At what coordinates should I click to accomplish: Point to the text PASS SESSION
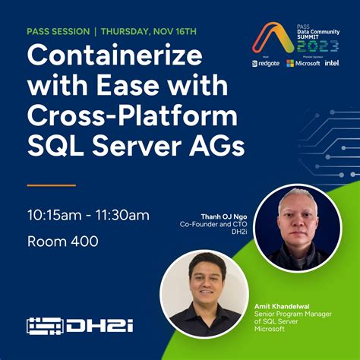[x=58, y=32]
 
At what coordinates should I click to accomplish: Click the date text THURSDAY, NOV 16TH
[x=149, y=32]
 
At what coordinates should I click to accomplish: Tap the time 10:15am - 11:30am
[x=89, y=215]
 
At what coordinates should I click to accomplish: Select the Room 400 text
[x=63, y=243]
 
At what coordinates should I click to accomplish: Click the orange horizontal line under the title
[x=51, y=185]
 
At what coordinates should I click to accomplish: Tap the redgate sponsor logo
[x=267, y=63]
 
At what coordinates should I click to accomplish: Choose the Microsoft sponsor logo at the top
[x=302, y=63]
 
